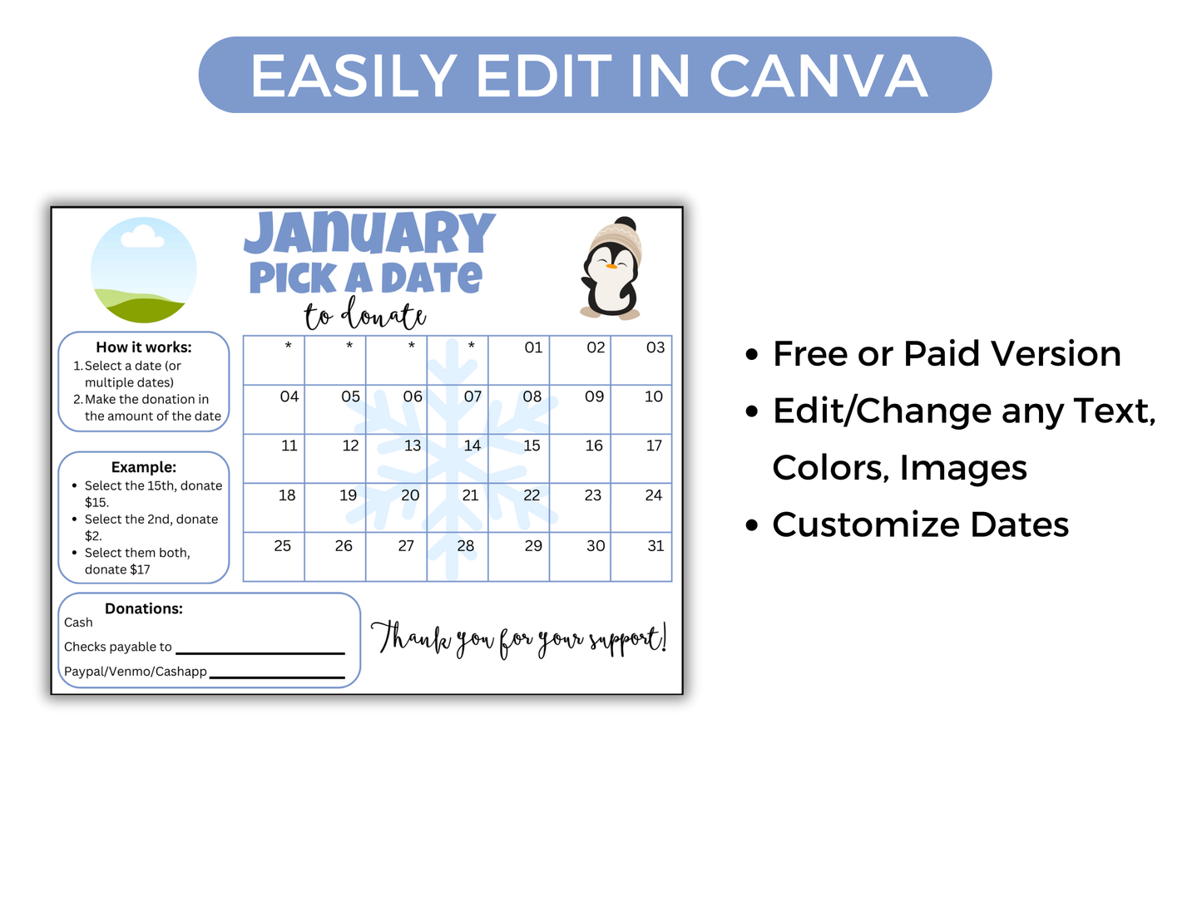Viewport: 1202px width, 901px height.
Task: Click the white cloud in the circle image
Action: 142,239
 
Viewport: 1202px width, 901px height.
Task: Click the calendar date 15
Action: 532,446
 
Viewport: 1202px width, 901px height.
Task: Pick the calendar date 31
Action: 655,546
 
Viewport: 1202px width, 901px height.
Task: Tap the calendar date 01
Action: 533,347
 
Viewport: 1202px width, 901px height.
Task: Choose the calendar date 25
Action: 283,546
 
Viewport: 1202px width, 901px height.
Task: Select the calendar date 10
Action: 654,396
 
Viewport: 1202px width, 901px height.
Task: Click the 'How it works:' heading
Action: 143,347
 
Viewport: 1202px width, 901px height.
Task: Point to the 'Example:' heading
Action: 143,467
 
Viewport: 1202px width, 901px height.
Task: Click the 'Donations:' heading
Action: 143,608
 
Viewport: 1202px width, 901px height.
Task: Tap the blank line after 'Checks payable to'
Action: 260,652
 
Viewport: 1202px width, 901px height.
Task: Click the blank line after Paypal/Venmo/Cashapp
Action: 277,677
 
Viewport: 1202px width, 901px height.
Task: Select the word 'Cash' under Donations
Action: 78,623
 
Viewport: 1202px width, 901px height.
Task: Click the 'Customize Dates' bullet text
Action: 920,524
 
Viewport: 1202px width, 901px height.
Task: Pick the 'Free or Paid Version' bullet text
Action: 947,354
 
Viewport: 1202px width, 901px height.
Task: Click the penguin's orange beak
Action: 611,267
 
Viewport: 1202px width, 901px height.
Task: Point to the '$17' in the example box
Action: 140,569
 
